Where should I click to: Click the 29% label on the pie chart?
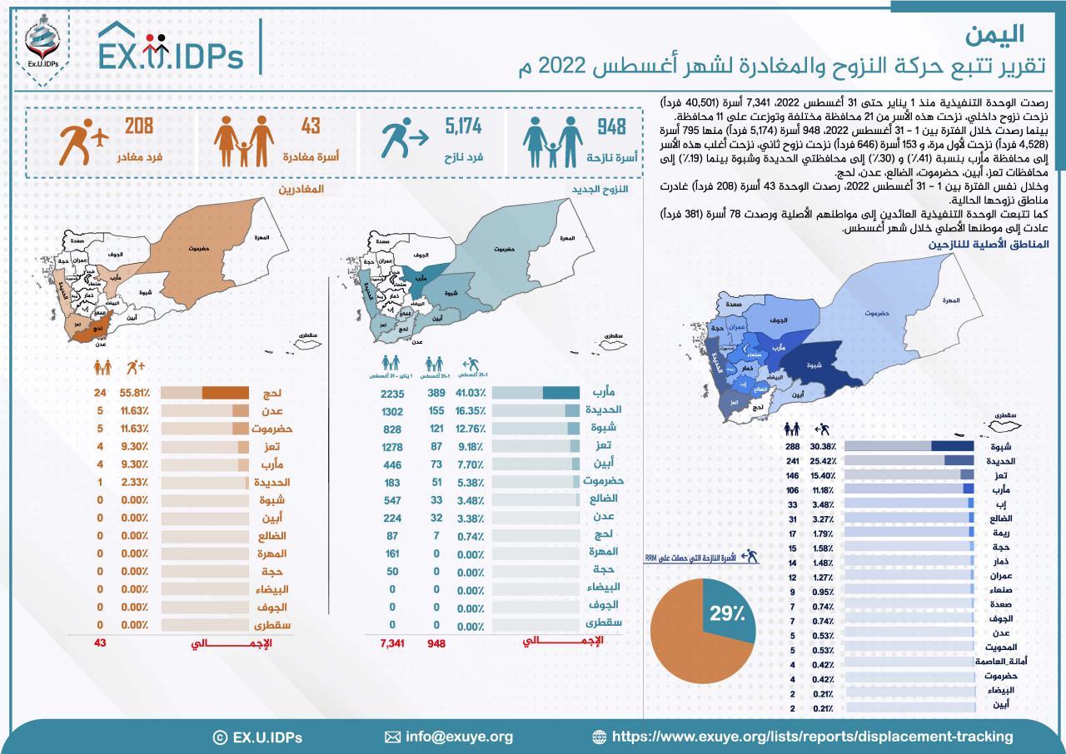(x=727, y=615)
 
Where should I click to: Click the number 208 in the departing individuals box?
(x=139, y=127)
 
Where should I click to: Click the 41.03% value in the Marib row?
(x=466, y=393)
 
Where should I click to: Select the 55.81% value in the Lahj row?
(x=134, y=393)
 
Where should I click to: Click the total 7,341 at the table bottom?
(x=391, y=643)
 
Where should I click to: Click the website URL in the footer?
(x=812, y=737)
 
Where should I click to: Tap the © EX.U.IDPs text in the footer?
(x=258, y=737)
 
